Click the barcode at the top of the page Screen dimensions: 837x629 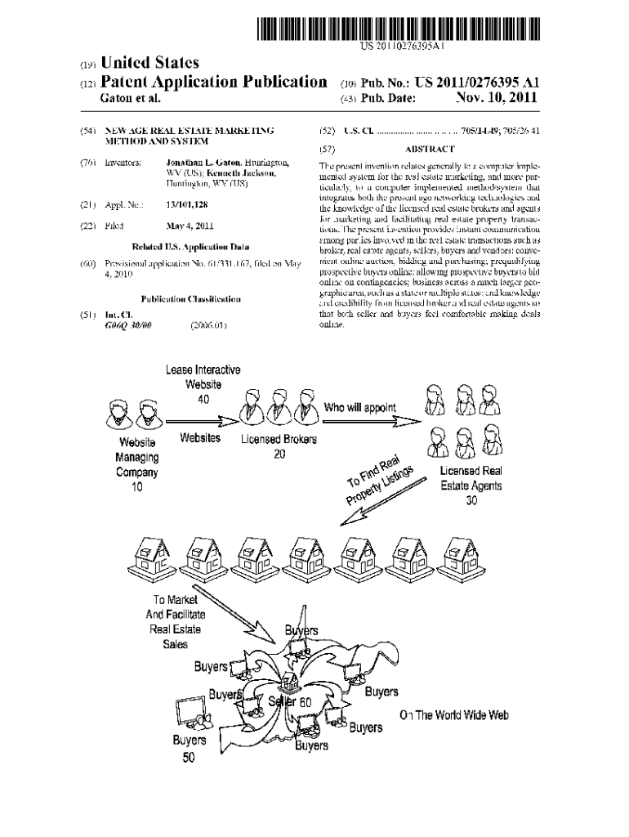point(399,29)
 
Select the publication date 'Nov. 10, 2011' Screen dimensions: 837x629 point(496,98)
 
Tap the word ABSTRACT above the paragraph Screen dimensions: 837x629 point(430,149)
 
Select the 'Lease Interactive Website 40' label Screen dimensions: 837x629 point(203,384)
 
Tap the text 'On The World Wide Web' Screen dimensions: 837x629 point(454,715)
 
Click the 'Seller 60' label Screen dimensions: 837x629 point(290,702)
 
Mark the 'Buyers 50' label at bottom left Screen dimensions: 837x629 point(189,748)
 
